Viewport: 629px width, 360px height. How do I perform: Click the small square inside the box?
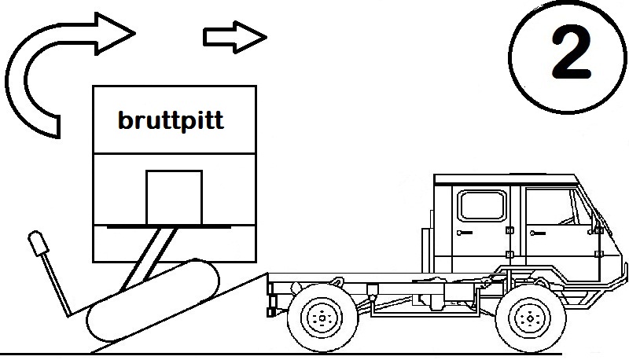point(174,197)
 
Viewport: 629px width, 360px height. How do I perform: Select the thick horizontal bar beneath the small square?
point(168,225)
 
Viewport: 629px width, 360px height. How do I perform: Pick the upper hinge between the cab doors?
point(509,230)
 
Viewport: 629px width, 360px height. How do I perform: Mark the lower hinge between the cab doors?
point(509,253)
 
